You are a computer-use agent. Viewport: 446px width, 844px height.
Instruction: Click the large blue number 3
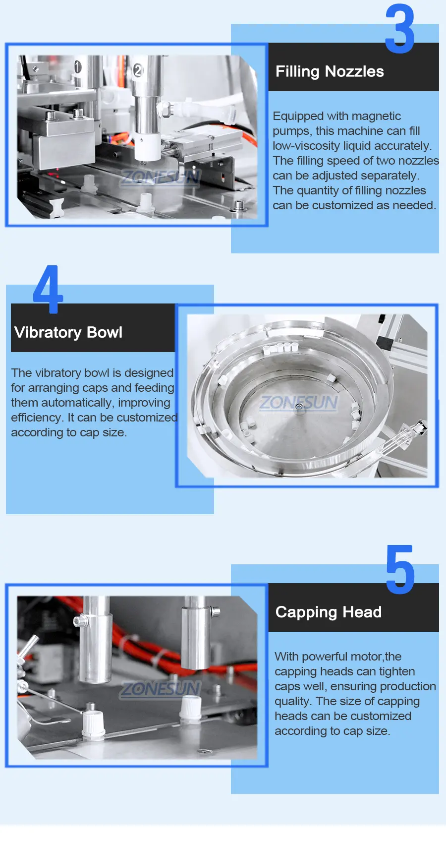tap(400, 29)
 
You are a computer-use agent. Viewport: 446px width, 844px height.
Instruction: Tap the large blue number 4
tap(48, 289)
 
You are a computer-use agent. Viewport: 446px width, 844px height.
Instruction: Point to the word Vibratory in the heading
tap(48, 332)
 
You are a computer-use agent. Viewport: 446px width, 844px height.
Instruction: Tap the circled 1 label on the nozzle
tap(78, 66)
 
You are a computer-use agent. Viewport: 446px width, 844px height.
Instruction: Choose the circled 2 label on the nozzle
tap(138, 70)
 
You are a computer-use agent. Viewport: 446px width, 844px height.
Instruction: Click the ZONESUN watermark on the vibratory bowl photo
tap(299, 402)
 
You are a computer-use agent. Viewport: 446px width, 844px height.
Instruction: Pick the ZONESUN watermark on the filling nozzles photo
tap(161, 177)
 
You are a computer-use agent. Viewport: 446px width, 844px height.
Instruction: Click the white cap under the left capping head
tap(92, 721)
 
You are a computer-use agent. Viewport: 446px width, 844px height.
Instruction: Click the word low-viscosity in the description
tap(306, 146)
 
